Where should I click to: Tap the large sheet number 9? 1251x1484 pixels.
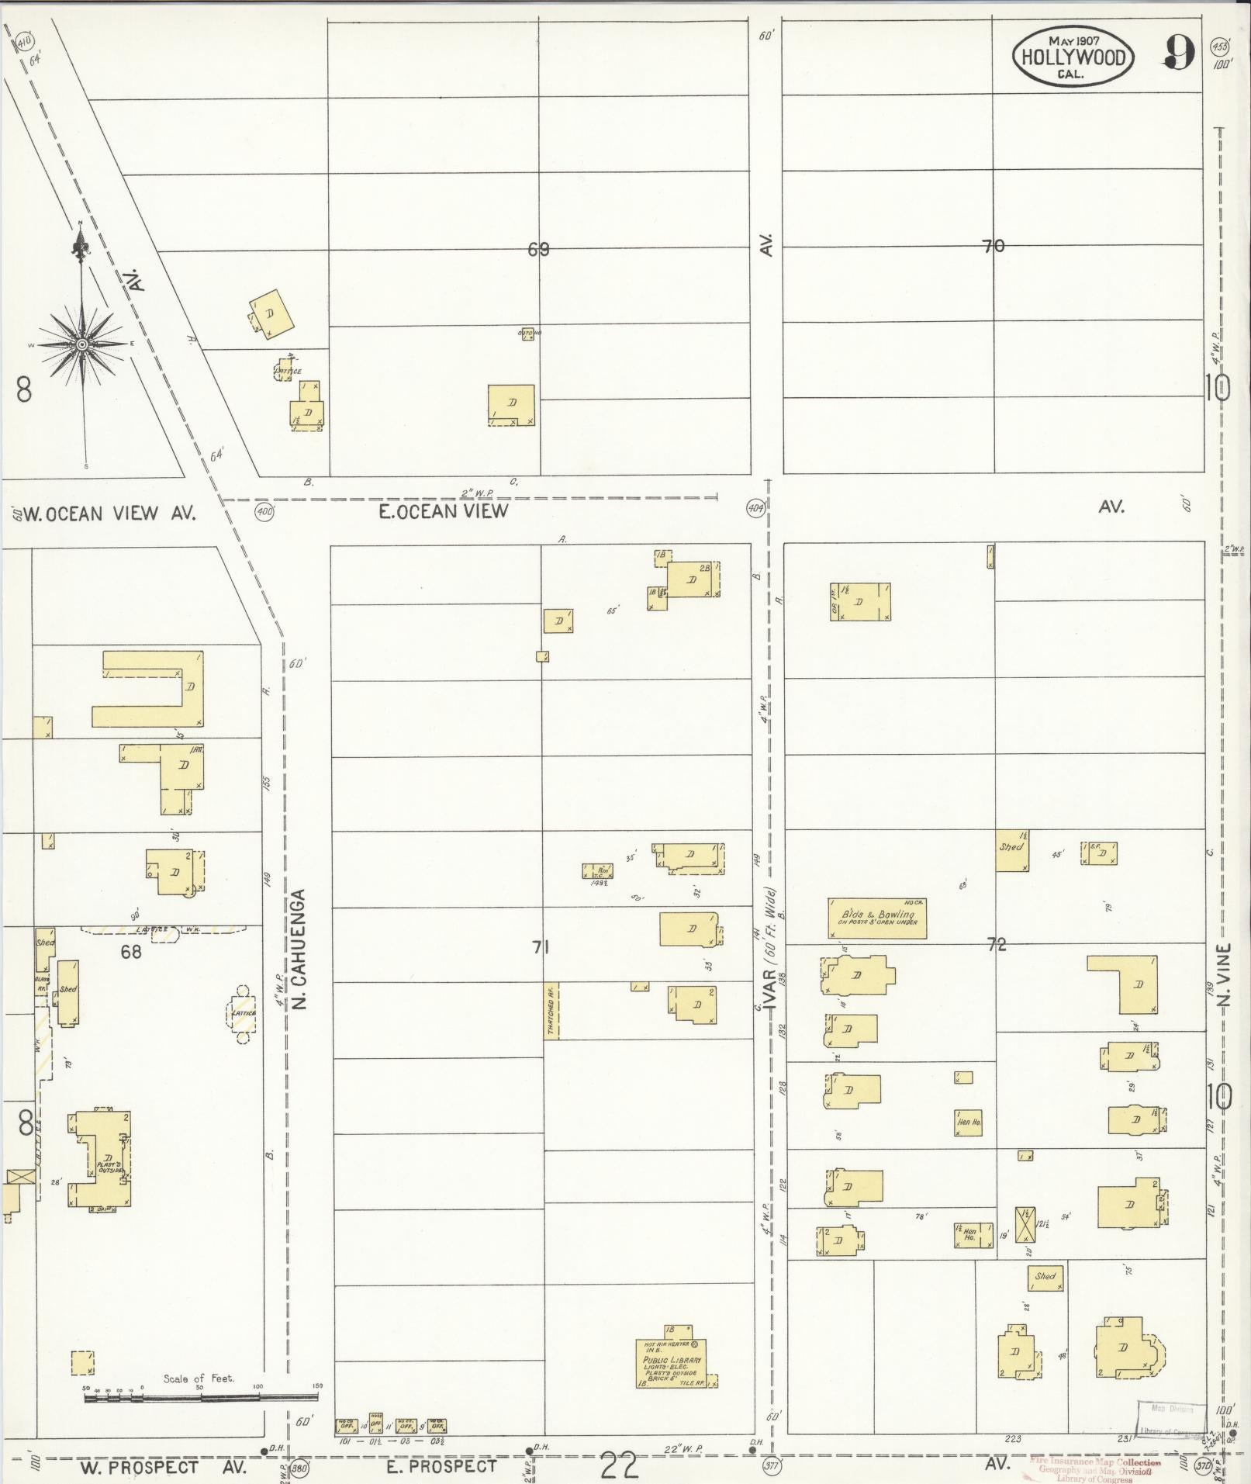pos(1178,54)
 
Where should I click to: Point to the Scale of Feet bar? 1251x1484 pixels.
pos(202,1399)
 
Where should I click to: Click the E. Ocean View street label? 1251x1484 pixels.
pos(444,510)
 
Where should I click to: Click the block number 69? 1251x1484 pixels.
pos(538,250)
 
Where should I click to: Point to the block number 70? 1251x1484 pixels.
pos(993,247)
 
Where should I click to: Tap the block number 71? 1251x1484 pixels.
pos(541,947)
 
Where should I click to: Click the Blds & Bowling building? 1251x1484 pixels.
pos(877,918)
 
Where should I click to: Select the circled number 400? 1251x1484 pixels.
pos(265,511)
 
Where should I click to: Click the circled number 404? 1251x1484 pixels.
pos(755,509)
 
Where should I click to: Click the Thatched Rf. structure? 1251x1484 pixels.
pos(551,1011)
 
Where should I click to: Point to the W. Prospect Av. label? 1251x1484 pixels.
pos(163,1467)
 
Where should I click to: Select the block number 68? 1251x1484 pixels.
pos(131,951)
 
